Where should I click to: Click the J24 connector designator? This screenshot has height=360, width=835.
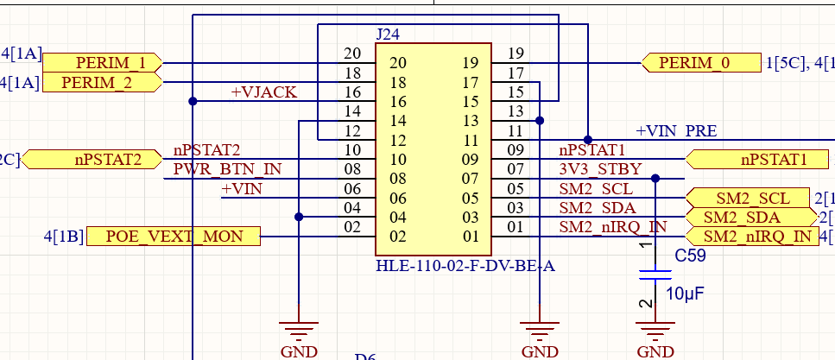point(388,35)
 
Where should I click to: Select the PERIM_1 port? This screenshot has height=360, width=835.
point(102,63)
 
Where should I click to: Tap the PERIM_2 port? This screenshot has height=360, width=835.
point(102,82)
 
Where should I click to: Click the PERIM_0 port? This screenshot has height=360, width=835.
point(699,63)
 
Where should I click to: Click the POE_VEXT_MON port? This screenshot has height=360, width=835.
point(173,236)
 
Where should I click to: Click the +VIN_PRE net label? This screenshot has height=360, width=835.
point(676,131)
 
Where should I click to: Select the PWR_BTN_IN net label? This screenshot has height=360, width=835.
point(227,169)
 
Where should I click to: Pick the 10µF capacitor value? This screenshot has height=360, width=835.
point(685,294)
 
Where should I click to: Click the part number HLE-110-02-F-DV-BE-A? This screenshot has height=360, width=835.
point(465,266)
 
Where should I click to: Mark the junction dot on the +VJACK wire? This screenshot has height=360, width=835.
point(193,101)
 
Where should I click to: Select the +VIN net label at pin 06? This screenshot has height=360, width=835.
point(242,188)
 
